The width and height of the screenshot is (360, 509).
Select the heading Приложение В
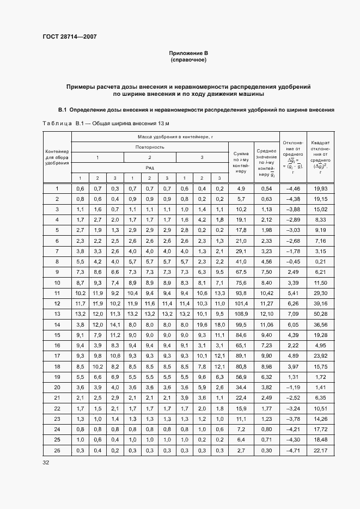(x=188, y=53)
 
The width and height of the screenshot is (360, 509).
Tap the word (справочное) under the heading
(x=188, y=60)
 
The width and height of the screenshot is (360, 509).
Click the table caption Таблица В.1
(x=58, y=124)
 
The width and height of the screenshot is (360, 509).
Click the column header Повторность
(x=150, y=147)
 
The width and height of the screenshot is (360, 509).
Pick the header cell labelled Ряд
(x=150, y=168)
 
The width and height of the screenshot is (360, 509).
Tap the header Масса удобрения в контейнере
(x=175, y=137)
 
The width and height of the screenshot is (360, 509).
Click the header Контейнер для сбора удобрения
(x=57, y=157)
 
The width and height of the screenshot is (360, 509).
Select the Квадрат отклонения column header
(x=320, y=157)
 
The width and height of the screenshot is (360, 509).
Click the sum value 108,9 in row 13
(x=241, y=314)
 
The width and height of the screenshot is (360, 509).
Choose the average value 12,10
(x=266, y=314)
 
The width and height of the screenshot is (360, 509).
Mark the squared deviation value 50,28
(x=320, y=314)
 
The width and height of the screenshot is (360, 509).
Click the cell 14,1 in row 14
(x=115, y=325)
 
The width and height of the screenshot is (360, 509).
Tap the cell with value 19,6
(x=202, y=325)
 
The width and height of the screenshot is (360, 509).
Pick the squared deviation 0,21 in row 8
(x=320, y=262)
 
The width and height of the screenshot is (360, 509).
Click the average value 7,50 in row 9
(x=266, y=272)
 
